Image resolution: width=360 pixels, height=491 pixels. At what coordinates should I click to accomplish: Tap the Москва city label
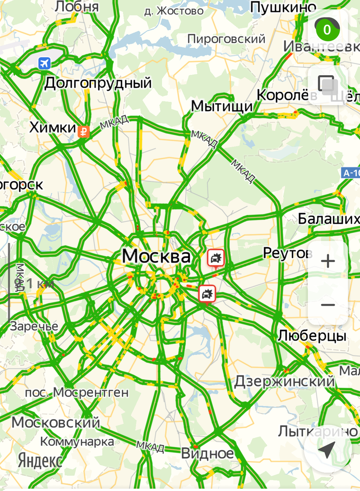[x=156, y=257]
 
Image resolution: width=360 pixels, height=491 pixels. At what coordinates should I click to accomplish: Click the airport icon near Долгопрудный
[x=44, y=63]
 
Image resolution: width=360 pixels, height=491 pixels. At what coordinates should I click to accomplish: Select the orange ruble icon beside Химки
[x=84, y=131]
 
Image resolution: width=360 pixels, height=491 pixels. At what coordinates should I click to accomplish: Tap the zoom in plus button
[x=328, y=261]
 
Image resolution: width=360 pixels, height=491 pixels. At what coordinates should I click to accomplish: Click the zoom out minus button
[x=328, y=305]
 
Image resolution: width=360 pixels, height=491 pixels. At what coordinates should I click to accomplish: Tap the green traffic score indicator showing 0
[x=327, y=29]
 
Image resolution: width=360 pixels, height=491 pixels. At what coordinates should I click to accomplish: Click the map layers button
[x=328, y=85]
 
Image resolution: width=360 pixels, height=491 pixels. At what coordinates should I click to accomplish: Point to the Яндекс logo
[x=40, y=461]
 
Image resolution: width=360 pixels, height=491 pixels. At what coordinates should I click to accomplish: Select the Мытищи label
[x=222, y=107]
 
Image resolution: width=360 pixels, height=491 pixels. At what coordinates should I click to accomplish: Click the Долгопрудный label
[x=98, y=83]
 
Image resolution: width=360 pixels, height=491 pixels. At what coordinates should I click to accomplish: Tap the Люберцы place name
[x=312, y=336]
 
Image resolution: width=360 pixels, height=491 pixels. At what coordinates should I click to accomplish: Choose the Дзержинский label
[x=285, y=381]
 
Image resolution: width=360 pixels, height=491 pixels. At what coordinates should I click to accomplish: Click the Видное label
[x=207, y=453]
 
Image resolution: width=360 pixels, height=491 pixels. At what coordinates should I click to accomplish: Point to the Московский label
[x=56, y=422]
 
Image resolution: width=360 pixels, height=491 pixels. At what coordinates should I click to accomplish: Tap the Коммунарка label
[x=77, y=441]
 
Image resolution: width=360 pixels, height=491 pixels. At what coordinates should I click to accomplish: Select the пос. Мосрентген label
[x=77, y=392]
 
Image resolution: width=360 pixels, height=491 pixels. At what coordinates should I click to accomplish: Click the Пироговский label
[x=226, y=39]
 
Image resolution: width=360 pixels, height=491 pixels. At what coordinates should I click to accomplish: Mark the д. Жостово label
[x=174, y=11]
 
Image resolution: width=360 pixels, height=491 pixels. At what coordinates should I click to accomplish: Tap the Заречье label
[x=34, y=326]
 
